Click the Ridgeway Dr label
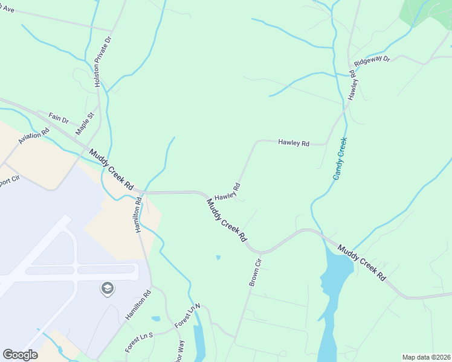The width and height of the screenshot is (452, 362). (373, 61)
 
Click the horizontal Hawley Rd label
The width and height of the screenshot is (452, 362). (294, 143)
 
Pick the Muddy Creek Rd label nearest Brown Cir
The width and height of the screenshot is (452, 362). (227, 220)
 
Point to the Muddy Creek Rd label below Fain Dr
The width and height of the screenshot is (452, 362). (111, 171)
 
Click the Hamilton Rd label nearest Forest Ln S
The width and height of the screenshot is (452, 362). (138, 306)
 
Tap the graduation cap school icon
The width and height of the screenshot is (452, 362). (107, 289)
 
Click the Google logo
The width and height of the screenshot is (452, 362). (20, 355)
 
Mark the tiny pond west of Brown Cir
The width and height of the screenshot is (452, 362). (218, 258)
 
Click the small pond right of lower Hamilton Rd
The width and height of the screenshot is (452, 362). (156, 318)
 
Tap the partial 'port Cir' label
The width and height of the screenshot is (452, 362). (7, 180)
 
